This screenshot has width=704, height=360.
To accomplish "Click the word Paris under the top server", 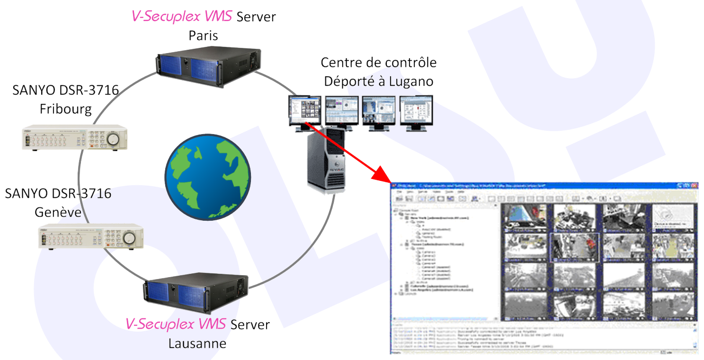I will pos(203,36).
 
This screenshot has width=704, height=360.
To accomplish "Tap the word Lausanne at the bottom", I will pos(197,342).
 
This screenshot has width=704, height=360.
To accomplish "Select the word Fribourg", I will pos(65,108).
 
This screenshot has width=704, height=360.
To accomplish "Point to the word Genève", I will pos(58,212).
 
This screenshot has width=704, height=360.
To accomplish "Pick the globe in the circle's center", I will pos(207,179).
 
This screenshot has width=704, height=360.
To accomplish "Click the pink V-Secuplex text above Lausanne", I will pos(177,324).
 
